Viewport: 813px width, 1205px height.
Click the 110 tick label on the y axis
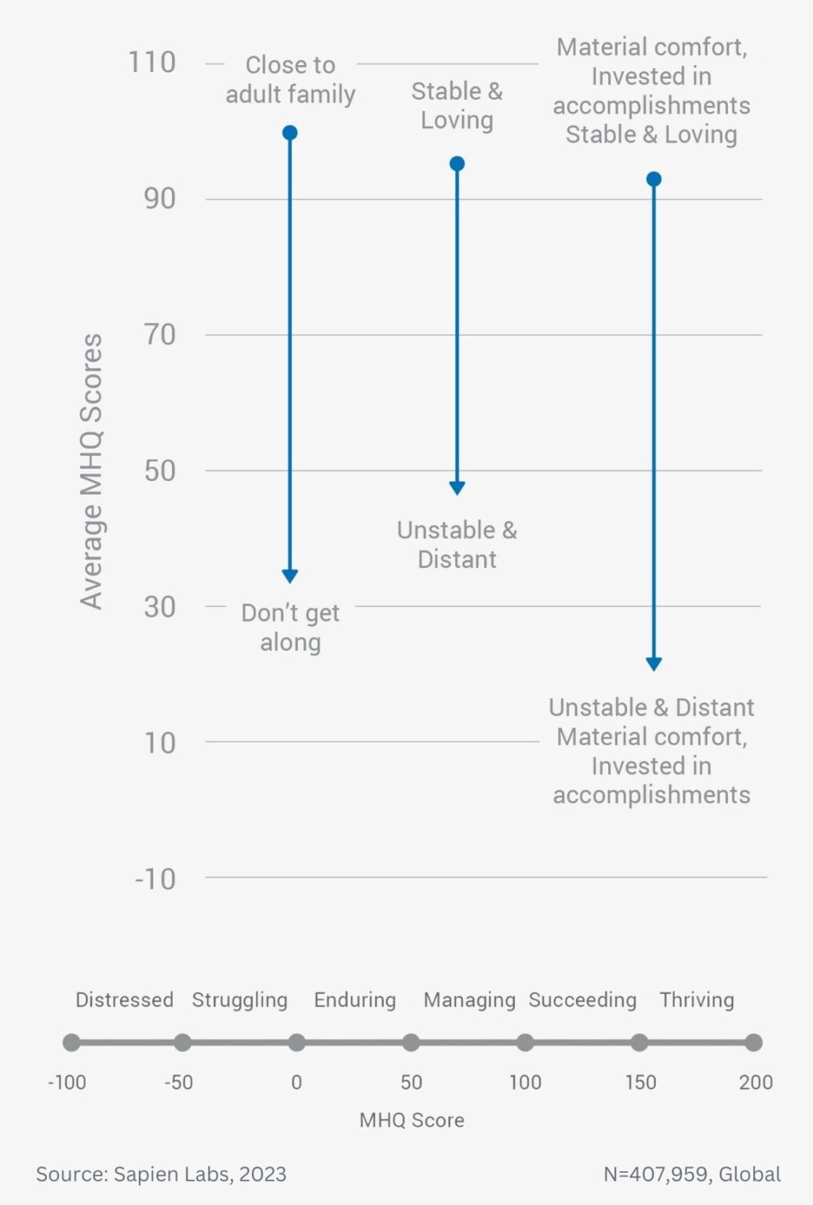point(151,63)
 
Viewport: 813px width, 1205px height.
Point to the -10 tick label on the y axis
point(155,879)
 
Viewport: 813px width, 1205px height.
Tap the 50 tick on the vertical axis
point(159,471)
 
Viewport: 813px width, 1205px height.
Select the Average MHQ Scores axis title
point(92,471)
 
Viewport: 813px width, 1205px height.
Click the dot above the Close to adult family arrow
point(290,133)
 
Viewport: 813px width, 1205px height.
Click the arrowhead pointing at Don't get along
point(290,576)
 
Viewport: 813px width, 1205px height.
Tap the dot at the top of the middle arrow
point(457,164)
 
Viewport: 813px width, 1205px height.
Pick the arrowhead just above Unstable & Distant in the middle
point(457,487)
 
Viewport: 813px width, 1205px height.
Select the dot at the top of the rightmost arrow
point(653,180)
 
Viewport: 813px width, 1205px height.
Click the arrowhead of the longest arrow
point(653,664)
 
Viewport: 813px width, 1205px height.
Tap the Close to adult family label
point(290,79)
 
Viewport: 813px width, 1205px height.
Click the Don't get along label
point(290,627)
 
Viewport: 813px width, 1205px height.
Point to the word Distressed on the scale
point(124,999)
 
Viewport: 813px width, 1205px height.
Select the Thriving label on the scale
point(696,999)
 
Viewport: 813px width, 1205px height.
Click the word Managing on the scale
point(469,999)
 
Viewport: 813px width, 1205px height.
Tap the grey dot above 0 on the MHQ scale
point(297,1043)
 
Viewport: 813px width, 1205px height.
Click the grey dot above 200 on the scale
point(753,1043)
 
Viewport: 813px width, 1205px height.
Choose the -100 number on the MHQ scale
point(67,1083)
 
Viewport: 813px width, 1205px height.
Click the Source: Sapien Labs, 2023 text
point(161,1174)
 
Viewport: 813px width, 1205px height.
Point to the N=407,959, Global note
point(691,1174)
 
